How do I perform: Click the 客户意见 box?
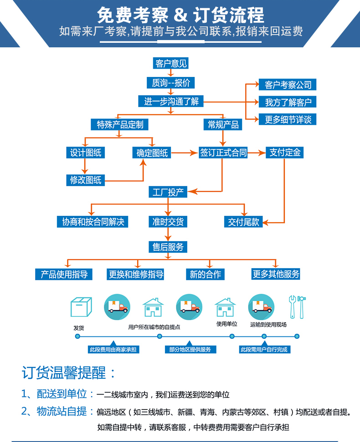tap(171, 63)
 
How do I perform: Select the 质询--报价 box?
tap(171, 83)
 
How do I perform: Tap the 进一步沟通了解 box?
tap(171, 101)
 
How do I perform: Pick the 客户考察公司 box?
tap(288, 85)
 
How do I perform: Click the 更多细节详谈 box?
tap(288, 119)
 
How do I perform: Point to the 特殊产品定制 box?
tap(120, 124)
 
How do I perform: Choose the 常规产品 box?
tap(223, 124)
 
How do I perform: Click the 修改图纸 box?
tap(86, 180)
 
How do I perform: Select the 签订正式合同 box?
tap(223, 152)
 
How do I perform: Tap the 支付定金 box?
tap(285, 152)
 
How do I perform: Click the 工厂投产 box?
tap(168, 192)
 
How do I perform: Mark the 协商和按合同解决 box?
tap(93, 222)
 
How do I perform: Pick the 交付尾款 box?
tap(243, 222)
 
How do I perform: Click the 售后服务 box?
tap(168, 247)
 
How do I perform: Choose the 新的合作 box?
tap(205, 274)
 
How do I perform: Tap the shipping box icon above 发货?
tap(81, 307)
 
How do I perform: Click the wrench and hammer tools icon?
tap(297, 307)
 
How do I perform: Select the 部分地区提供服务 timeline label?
tap(190, 350)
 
